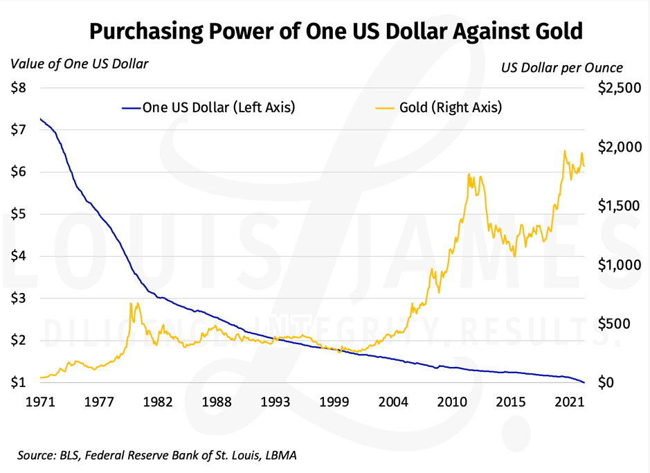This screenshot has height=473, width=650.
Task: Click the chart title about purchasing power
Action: point(336,32)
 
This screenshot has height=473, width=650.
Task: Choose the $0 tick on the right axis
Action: point(605,382)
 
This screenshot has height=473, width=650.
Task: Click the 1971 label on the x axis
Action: point(41,402)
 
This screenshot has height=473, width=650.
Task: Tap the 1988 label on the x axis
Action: point(217,402)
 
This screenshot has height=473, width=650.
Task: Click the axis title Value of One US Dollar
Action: point(80,64)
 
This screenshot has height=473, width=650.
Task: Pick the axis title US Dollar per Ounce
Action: point(562,68)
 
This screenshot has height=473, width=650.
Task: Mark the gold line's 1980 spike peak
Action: point(132,303)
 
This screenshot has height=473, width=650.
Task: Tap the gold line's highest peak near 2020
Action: point(565,150)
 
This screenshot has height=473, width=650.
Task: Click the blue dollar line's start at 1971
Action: point(41,119)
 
